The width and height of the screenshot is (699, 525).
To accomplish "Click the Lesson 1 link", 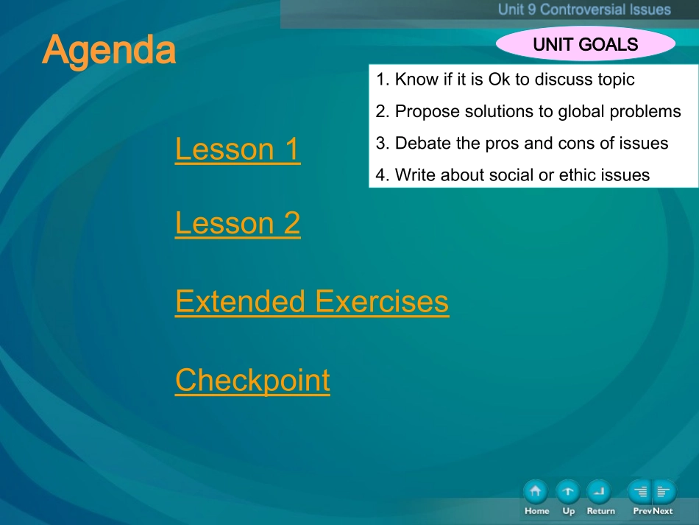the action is click(238, 149).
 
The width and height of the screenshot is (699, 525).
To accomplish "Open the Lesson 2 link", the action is click(238, 223).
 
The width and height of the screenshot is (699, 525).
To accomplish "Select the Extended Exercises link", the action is click(312, 302).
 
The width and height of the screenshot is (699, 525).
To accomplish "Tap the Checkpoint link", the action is click(252, 381).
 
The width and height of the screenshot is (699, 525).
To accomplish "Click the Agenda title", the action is click(109, 50).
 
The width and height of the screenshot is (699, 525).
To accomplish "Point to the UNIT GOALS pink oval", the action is click(586, 43).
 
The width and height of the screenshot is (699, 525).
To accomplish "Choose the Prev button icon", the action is click(639, 492).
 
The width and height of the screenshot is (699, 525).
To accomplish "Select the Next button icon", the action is click(664, 492).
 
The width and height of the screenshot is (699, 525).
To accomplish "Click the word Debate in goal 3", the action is click(423, 143).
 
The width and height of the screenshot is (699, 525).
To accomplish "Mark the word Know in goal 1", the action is click(416, 80).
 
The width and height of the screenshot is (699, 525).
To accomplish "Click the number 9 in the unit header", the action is click(531, 10).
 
